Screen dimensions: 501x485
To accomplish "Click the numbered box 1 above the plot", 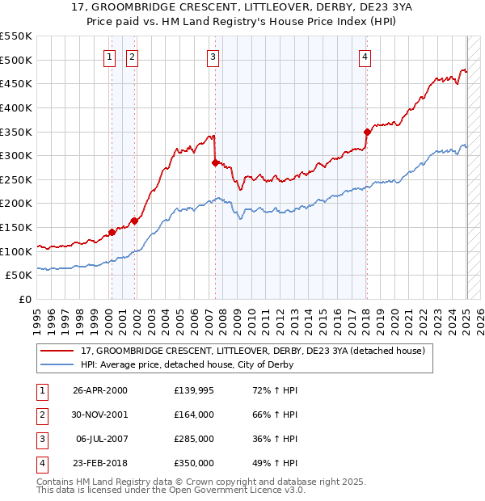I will (109, 57).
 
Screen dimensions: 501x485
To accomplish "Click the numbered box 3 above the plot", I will (212, 57).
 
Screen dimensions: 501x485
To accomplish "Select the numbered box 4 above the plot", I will (365, 57).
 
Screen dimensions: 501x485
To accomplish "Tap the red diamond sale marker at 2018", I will (367, 132).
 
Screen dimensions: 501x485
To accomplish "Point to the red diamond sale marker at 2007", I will (215, 162).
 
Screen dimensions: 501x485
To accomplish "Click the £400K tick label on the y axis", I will (16, 107).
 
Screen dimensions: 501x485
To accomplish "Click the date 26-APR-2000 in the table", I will (99, 391).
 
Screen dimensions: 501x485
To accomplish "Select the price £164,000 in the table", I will (194, 415).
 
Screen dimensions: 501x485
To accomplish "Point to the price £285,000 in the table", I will (194, 440).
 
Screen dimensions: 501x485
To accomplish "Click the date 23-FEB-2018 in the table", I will (99, 464).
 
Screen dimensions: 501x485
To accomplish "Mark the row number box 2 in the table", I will (40, 415).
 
